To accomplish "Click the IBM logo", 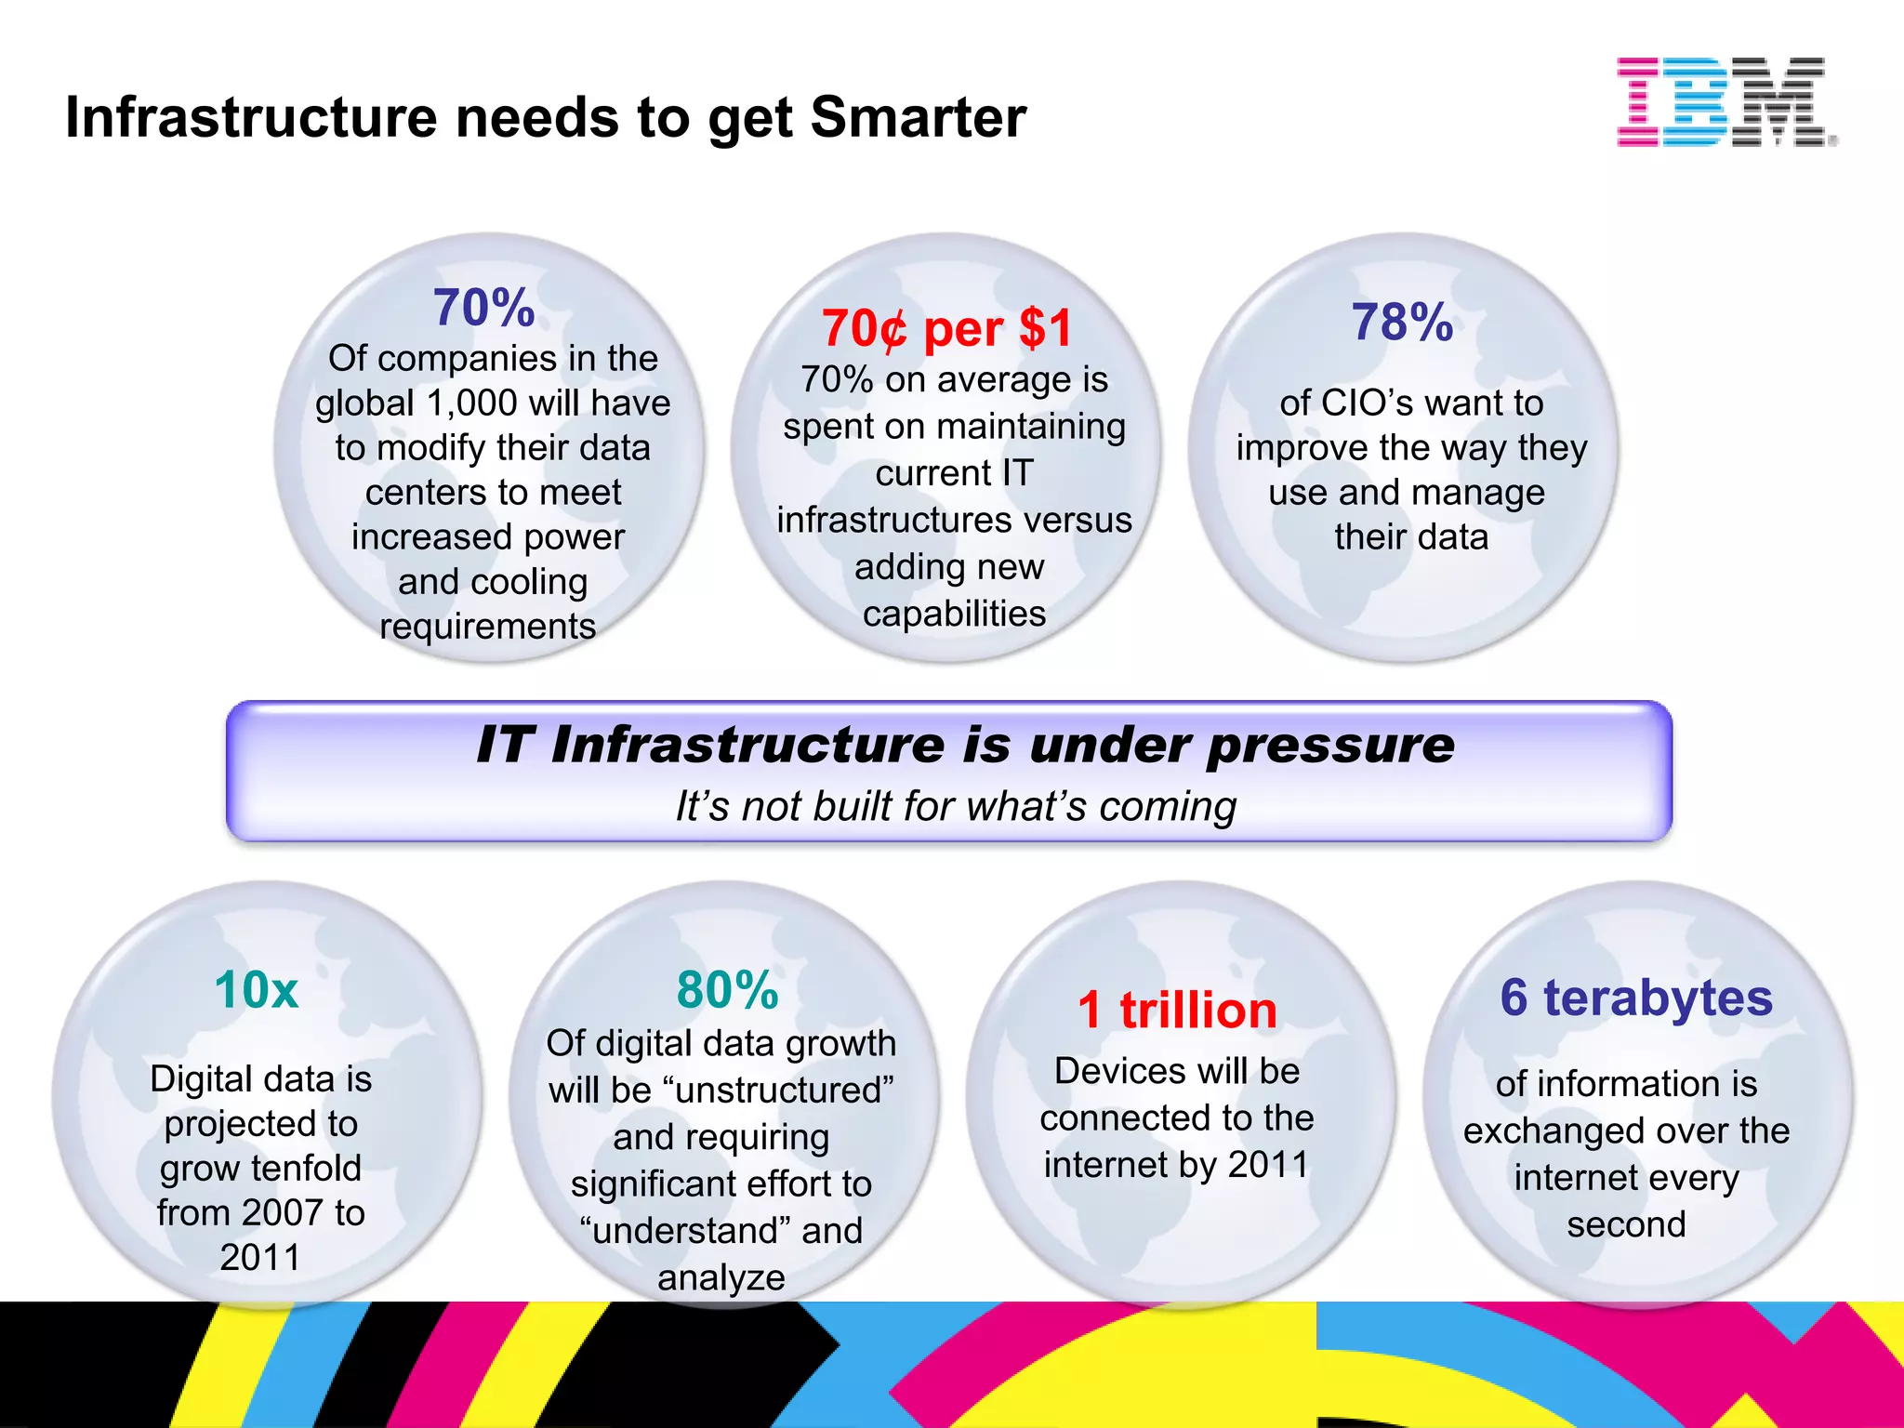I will (1725, 101).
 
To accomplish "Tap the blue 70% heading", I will (483, 308).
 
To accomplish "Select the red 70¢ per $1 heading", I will (946, 328).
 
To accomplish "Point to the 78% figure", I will (1402, 323).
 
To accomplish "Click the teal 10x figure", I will (257, 989).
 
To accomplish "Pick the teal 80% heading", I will (727, 989).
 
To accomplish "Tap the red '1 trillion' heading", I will (1177, 1010).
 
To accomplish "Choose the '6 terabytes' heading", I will (1636, 998).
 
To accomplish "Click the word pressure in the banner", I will (1329, 747).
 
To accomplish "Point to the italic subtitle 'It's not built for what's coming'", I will (956, 806).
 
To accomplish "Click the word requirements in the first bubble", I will (487, 627).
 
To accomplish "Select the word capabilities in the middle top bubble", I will (954, 614).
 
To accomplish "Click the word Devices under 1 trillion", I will (1104, 1071).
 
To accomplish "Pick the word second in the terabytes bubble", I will (1626, 1224).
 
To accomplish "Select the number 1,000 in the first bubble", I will (472, 403).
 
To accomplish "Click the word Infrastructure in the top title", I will (251, 118).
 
